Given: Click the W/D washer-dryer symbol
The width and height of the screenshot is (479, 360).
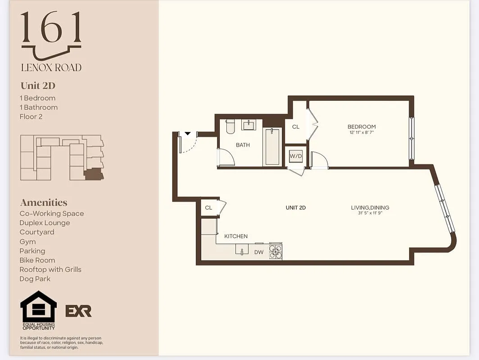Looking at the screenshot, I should (x=296, y=156).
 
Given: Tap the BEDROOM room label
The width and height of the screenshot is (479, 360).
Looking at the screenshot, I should (x=362, y=127).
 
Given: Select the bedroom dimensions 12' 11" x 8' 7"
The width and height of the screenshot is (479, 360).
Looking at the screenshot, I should (x=362, y=133).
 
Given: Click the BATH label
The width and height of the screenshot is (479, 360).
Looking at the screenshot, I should (x=243, y=145).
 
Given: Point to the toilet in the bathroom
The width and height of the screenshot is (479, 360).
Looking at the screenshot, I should (x=230, y=126).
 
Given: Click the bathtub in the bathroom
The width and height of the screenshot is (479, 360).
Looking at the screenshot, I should (x=272, y=147).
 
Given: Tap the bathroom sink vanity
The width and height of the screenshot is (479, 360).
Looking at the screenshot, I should (x=249, y=124).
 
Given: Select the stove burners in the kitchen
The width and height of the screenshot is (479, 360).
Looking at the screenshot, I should (x=276, y=252).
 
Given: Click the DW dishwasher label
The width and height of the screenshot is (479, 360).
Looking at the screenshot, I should (x=259, y=252).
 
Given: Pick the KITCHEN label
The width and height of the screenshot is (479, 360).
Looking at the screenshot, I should (x=236, y=236).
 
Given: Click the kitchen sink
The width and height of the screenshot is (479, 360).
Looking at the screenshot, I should (x=242, y=250).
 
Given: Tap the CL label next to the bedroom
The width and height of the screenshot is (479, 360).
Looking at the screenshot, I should (x=296, y=127).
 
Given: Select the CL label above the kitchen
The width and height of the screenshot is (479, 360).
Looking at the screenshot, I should (x=208, y=208).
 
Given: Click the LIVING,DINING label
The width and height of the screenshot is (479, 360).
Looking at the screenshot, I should (x=370, y=207).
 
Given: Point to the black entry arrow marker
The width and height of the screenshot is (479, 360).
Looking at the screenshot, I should (x=188, y=134).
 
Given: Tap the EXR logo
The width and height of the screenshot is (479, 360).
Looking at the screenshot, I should (x=78, y=311).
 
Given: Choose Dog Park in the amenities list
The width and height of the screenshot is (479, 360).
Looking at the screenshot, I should (x=35, y=279).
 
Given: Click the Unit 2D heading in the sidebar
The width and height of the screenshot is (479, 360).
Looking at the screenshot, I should (x=38, y=85).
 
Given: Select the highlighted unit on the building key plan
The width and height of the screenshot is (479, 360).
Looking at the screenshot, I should (x=94, y=174).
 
